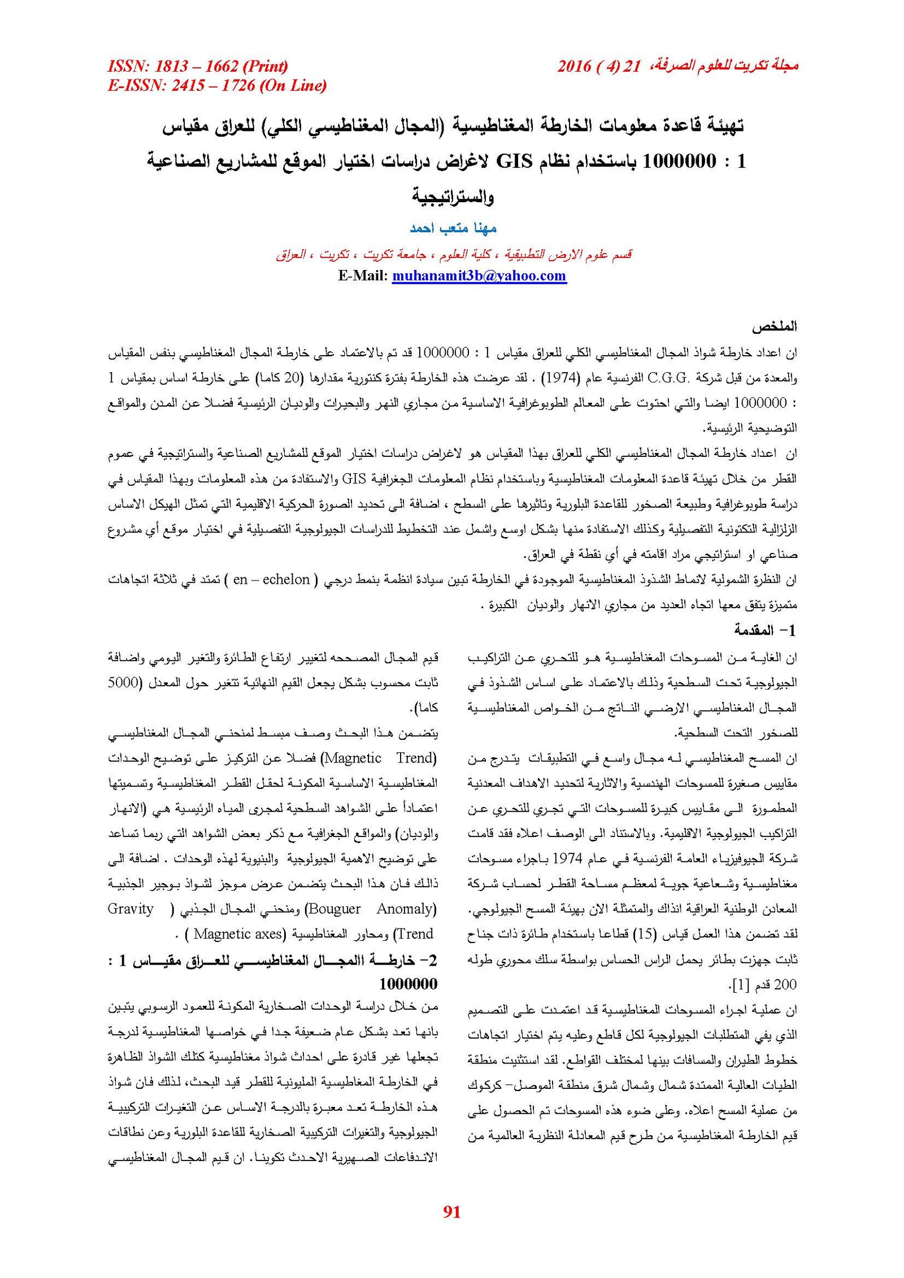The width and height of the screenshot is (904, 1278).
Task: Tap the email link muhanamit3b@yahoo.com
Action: pyautogui.click(x=479, y=276)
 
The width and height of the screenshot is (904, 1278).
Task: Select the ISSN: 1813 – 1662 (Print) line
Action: pyautogui.click(x=198, y=66)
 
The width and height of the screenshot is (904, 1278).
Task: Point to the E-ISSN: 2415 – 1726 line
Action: pyautogui.click(x=217, y=85)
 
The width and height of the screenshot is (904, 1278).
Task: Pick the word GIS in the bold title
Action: pyautogui.click(x=514, y=162)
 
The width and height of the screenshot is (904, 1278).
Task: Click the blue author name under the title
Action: pyautogui.click(x=453, y=228)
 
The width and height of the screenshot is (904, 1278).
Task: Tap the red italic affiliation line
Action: pyautogui.click(x=454, y=255)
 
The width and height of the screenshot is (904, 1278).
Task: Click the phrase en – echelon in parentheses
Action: pyautogui.click(x=271, y=579)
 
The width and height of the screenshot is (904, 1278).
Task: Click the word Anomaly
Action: pyautogui.click(x=407, y=909)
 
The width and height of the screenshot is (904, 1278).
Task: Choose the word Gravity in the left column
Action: pyautogui.click(x=131, y=909)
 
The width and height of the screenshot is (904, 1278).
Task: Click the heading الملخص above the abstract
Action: pyautogui.click(x=774, y=326)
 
